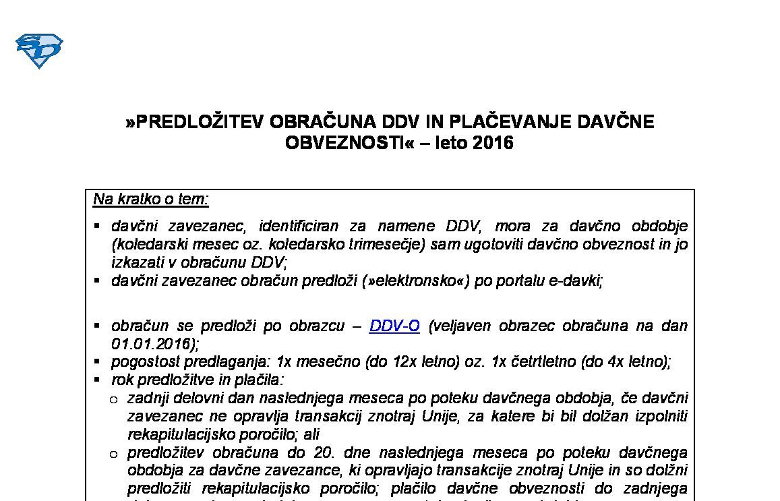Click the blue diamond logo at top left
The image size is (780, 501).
coord(39,51)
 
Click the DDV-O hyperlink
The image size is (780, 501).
coord(394,326)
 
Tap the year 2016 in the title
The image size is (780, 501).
coord(493,143)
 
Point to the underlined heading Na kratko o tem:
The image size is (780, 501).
coord(151,199)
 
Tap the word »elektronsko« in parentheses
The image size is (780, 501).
coord(415,281)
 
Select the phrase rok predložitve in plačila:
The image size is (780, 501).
coord(198,380)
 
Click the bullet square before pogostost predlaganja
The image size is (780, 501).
coord(98,361)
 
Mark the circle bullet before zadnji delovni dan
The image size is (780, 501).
coord(113,399)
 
